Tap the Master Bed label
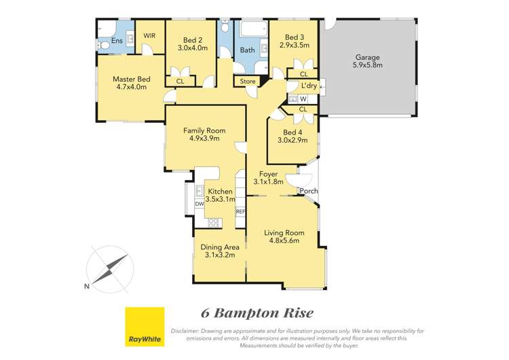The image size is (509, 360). pos(131,79)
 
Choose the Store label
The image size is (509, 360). pos(245,81)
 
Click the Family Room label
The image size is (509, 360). pos(204,130)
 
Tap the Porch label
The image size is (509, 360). pos(309,191)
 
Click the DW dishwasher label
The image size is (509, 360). pos(199,203)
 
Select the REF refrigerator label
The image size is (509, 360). pos(240,211)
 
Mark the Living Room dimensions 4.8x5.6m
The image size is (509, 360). pos(284,240)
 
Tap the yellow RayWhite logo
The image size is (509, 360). pos(145,326)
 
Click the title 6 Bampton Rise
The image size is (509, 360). pos(258,313)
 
